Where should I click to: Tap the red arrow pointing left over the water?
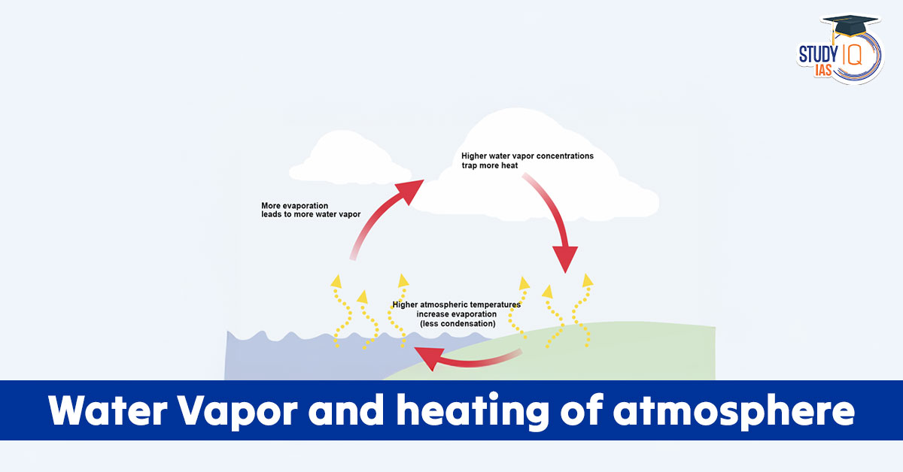(x=467, y=360)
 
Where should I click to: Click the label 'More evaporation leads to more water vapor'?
(x=311, y=210)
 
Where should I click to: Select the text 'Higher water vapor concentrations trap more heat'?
(x=527, y=160)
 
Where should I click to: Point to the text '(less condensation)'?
(x=458, y=324)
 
